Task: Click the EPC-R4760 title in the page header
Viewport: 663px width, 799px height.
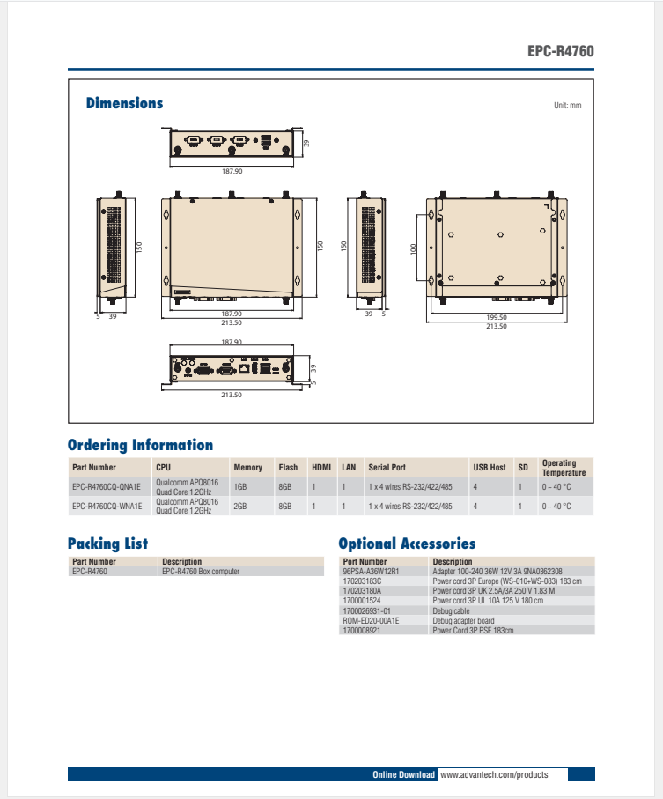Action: pyautogui.click(x=560, y=51)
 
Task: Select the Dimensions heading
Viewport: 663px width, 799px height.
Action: pyautogui.click(x=124, y=104)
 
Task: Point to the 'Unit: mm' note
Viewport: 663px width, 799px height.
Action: pyautogui.click(x=567, y=105)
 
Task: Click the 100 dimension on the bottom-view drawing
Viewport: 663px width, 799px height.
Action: pyautogui.click(x=414, y=249)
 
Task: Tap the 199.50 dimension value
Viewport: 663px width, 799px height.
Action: pyautogui.click(x=497, y=317)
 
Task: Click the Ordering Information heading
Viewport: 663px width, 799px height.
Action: pyautogui.click(x=140, y=445)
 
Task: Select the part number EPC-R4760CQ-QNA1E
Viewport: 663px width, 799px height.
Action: pyautogui.click(x=107, y=486)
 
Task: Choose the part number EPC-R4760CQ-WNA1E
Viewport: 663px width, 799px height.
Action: pyautogui.click(x=107, y=507)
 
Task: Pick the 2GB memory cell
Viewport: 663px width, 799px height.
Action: pyautogui.click(x=239, y=507)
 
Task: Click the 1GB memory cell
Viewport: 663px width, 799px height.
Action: pyautogui.click(x=239, y=486)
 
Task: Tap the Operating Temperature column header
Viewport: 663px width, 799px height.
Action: pyautogui.click(x=564, y=468)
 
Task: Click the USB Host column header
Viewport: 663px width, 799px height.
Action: pyautogui.click(x=490, y=468)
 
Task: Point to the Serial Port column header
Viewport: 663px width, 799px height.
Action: pyautogui.click(x=387, y=468)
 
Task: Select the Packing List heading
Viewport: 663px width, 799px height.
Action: pyautogui.click(x=107, y=544)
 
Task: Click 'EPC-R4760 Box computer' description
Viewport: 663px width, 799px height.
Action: pyautogui.click(x=201, y=572)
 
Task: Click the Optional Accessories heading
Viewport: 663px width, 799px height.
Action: pyautogui.click(x=407, y=544)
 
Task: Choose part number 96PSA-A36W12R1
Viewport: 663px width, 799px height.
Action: pyautogui.click(x=371, y=572)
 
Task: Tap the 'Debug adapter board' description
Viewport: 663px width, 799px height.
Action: pyautogui.click(x=463, y=620)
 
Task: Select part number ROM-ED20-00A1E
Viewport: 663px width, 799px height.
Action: pyautogui.click(x=371, y=620)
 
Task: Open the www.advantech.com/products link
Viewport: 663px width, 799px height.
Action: pyautogui.click(x=494, y=774)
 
